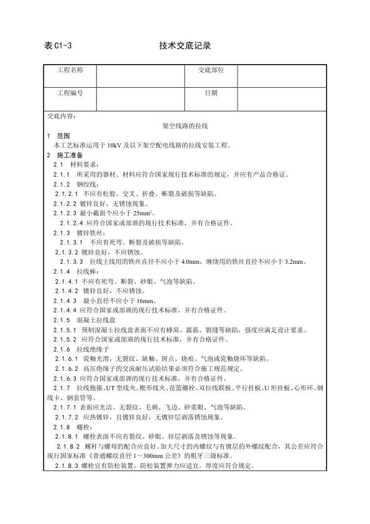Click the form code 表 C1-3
(x=59, y=45)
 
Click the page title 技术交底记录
(x=185, y=45)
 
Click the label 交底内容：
(x=62, y=116)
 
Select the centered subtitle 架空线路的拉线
(x=184, y=126)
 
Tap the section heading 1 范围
(x=60, y=136)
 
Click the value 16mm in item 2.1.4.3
(x=135, y=301)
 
